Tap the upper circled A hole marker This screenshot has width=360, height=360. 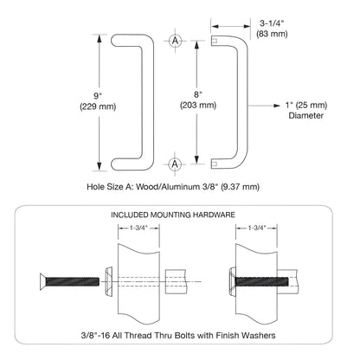pyautogui.click(x=176, y=41)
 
